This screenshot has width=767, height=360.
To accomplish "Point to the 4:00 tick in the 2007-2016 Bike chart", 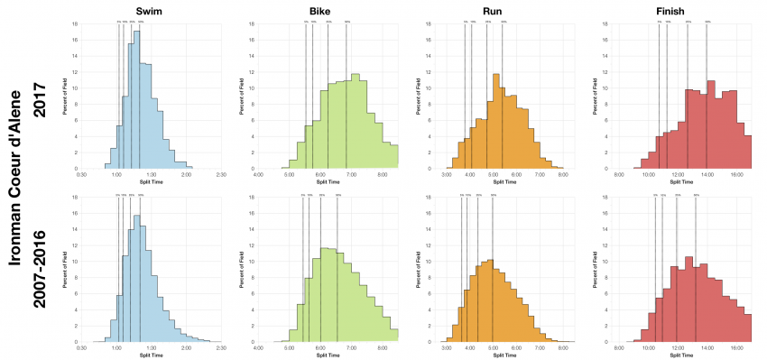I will pos(259,347).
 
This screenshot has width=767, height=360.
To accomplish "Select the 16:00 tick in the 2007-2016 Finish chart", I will pos(736,347).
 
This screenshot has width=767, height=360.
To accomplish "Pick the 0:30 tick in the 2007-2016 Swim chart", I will pos(82,347).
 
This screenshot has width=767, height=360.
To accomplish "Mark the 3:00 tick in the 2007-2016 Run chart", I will pos(447,347).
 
